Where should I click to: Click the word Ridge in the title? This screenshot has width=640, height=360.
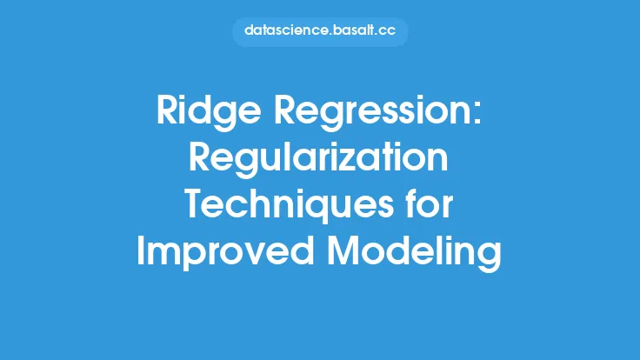point(209,112)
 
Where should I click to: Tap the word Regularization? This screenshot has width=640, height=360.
point(318,159)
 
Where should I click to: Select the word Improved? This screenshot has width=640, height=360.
point(224,251)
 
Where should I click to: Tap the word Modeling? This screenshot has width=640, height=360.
point(414,252)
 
